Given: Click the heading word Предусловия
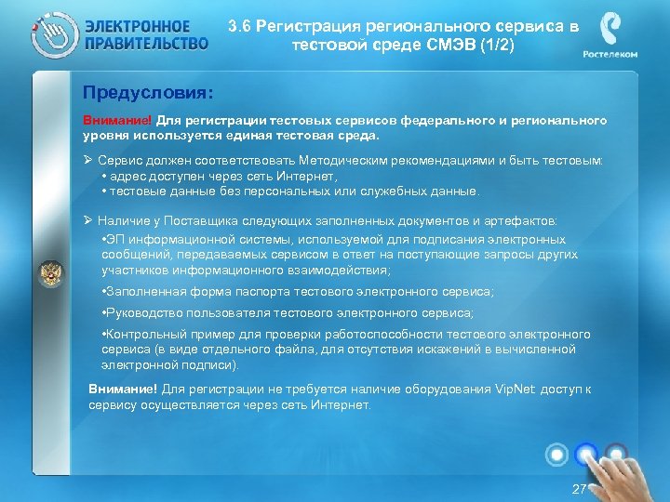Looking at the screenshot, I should point(147,93).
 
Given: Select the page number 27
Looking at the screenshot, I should point(579,488).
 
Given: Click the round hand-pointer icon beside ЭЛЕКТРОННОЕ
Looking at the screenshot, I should point(52,35).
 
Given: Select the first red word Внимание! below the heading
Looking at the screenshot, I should point(116,120).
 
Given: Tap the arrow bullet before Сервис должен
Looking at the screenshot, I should point(87,161).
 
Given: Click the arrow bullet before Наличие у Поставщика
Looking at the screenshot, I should point(87,221).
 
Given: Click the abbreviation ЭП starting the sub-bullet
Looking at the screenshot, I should point(116,239).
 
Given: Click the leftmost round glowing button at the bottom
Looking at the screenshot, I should point(556,455).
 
